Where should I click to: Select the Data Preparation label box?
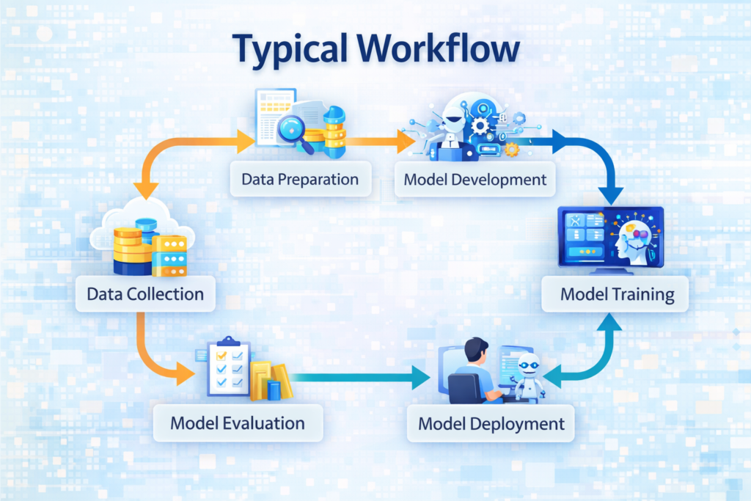pos(300,179)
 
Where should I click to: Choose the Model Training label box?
pos(617,295)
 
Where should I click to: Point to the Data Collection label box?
pos(145,295)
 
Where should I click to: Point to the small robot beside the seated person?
pos(529,375)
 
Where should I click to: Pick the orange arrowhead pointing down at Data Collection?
pos(146,190)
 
